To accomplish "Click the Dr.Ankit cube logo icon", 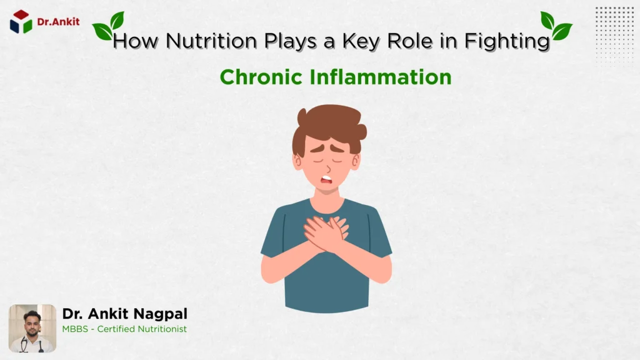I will point(21,21).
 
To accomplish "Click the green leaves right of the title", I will point(556,26).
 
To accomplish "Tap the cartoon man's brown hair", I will point(329,124).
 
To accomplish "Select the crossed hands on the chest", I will point(326,232).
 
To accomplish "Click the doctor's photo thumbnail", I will point(32,328).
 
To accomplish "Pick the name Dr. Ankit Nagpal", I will point(124,314).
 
